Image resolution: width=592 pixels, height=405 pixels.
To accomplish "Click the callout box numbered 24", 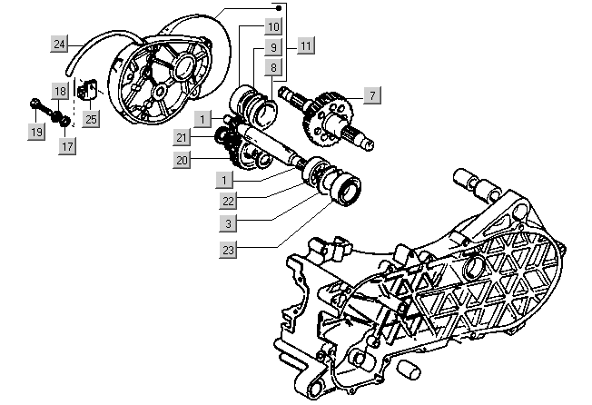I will click(x=58, y=44).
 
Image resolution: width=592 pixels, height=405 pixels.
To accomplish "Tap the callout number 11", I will click(x=305, y=44).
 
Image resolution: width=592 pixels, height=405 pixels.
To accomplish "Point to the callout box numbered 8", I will click(x=271, y=67).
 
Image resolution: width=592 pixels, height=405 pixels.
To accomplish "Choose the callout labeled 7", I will click(x=370, y=94).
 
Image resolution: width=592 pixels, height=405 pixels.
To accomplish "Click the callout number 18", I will click(x=59, y=92).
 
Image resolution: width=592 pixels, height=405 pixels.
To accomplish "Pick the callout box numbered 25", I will click(x=92, y=118).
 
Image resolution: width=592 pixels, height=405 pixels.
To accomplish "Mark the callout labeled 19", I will click(x=35, y=133).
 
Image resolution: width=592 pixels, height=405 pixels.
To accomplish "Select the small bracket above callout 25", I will click(x=89, y=91).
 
